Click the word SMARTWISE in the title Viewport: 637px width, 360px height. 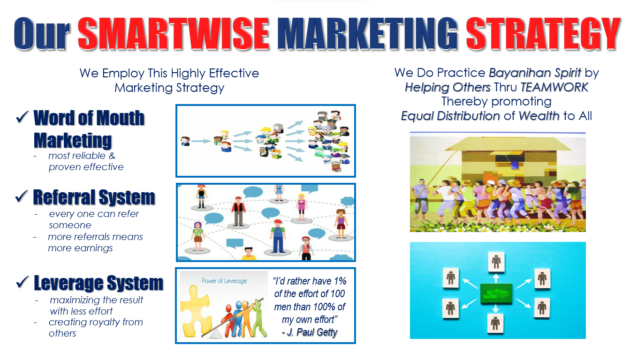pyautogui.click(x=174, y=33)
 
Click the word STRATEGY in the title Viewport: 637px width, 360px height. pyautogui.click(x=543, y=33)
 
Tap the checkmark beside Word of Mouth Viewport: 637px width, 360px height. pyautogui.click(x=22, y=117)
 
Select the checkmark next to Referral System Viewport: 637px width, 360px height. pyautogui.click(x=22, y=196)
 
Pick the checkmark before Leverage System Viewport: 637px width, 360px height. pyautogui.click(x=23, y=282)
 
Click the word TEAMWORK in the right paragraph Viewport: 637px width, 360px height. pyautogui.click(x=554, y=87)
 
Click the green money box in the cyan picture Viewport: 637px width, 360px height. pyautogui.click(x=496, y=294)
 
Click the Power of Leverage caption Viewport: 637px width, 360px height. pyautogui.click(x=224, y=281)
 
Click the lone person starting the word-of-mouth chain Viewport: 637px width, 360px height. pyautogui.click(x=185, y=141)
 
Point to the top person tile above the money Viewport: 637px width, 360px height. pyautogui.click(x=496, y=262)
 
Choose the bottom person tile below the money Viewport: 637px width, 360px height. pyautogui.click(x=495, y=323)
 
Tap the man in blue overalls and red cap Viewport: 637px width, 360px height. pyautogui.click(x=278, y=236)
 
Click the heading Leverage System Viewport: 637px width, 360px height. pyautogui.click(x=99, y=283)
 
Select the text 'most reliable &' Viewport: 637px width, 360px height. pyautogui.click(x=82, y=156)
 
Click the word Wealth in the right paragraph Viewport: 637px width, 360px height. pyautogui.click(x=539, y=116)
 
